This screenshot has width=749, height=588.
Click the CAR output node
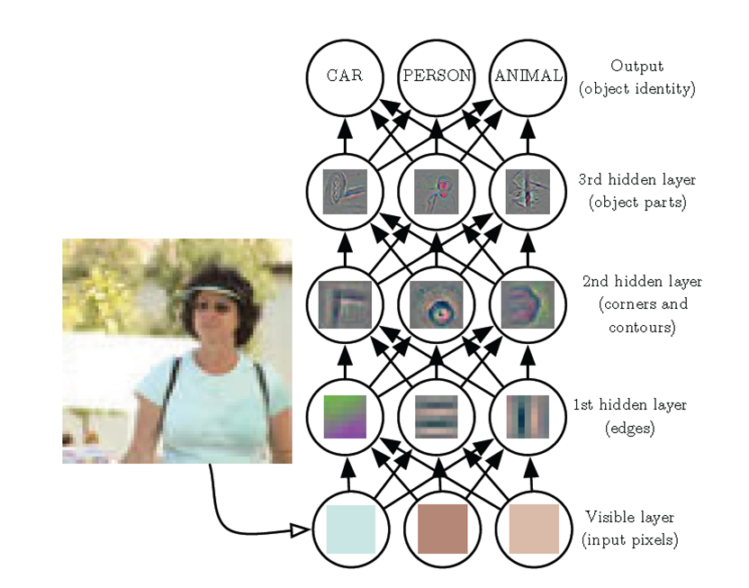(x=345, y=77)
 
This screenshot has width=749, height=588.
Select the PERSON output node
(x=436, y=77)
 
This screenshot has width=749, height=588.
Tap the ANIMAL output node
(x=528, y=77)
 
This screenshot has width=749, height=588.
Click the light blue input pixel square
(x=350, y=529)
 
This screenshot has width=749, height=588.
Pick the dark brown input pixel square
(x=442, y=529)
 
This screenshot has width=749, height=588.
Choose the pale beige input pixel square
(x=534, y=529)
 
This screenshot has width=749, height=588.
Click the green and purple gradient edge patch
(x=345, y=417)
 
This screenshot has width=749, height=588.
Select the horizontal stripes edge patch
(x=436, y=417)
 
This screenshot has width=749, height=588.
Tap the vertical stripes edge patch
(x=528, y=417)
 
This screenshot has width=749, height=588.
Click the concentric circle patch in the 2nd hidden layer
(x=436, y=304)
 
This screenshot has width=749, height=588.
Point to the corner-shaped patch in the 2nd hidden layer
(x=345, y=304)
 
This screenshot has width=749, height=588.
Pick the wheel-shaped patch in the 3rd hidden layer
(x=345, y=192)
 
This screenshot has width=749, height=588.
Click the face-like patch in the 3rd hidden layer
(x=436, y=192)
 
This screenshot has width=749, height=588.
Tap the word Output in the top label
(x=636, y=66)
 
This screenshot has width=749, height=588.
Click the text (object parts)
(x=637, y=203)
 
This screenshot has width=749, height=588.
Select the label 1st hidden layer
(x=629, y=405)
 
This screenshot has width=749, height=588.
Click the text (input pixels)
(x=629, y=540)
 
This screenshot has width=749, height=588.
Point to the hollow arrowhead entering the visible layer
(x=301, y=530)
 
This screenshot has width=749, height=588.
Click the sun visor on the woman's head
(x=208, y=293)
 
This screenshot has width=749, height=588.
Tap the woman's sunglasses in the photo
(x=214, y=307)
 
